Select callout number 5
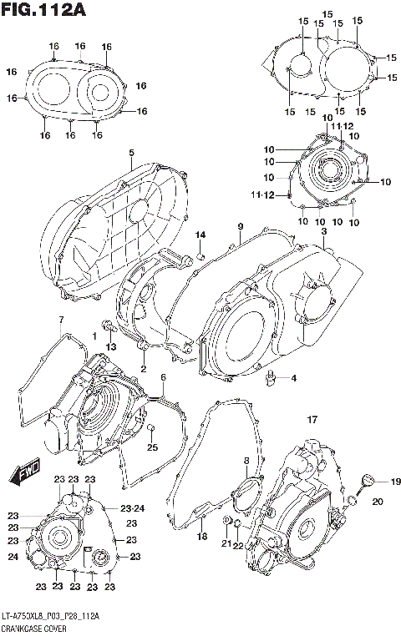[x=131, y=152]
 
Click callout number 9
[x=240, y=227]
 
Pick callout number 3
[x=323, y=231]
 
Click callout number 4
[x=293, y=378]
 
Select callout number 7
[x=60, y=321]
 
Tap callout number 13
[x=109, y=346]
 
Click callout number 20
[x=377, y=501]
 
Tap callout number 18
[x=201, y=538]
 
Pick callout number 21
[x=226, y=543]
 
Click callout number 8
[x=246, y=461]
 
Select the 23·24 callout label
[x=132, y=507]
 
